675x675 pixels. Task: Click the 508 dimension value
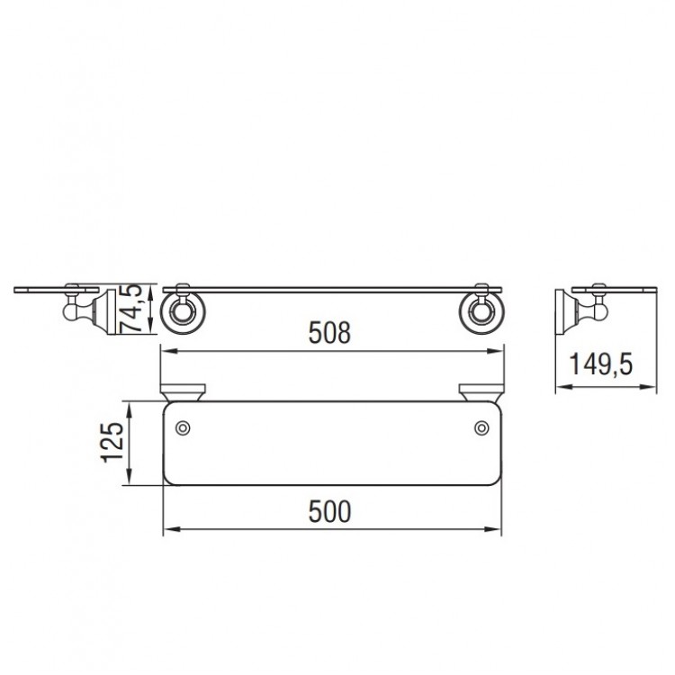[328, 334]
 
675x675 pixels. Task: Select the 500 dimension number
[328, 512]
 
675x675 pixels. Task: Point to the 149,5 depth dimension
[601, 364]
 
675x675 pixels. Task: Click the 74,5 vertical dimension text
[131, 309]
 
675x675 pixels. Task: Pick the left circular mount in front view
[184, 312]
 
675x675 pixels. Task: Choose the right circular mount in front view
[479, 312]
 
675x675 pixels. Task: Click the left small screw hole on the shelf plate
[183, 428]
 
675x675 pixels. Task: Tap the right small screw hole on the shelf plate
[480, 428]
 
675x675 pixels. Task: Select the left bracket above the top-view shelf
[183, 392]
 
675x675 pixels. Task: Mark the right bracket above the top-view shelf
[480, 392]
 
